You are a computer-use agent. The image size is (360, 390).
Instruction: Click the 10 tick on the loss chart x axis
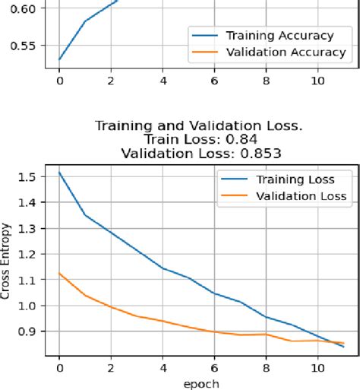pos(317,366)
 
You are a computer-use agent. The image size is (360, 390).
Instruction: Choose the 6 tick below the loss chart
pos(214,366)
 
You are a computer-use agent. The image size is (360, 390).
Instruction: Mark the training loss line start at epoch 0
pos(59,173)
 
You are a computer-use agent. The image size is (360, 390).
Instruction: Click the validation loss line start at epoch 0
pos(59,273)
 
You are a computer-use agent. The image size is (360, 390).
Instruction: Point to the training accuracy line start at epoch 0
pos(59,59)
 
